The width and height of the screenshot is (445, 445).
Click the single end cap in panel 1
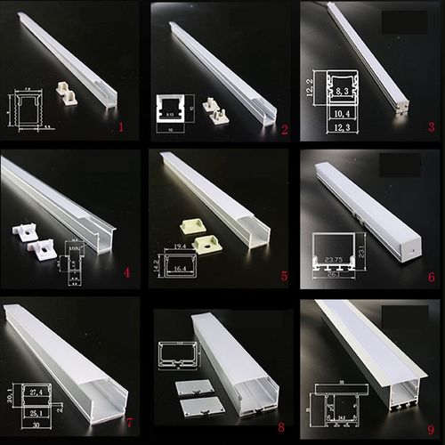point(64,93)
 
